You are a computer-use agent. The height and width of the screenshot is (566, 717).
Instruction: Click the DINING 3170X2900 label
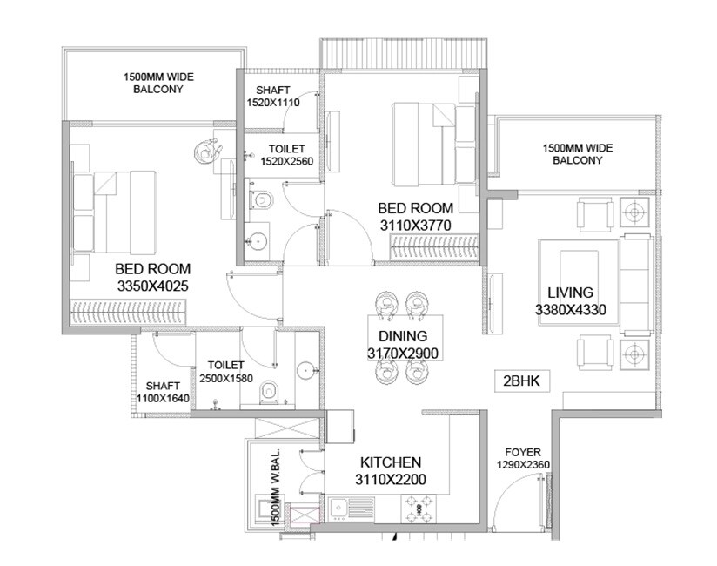402,344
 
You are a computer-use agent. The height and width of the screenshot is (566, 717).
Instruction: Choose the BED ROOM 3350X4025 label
152,277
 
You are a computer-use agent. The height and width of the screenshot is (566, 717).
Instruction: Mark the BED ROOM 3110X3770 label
415,216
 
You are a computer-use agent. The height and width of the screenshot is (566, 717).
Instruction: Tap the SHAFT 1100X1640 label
163,392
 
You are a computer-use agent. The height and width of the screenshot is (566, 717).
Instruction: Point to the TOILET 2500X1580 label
226,372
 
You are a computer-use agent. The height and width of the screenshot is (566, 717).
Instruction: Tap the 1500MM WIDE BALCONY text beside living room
572,155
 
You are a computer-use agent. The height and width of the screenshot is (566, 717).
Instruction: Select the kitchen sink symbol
346,505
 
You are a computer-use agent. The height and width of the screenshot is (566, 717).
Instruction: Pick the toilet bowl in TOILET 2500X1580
269,393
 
